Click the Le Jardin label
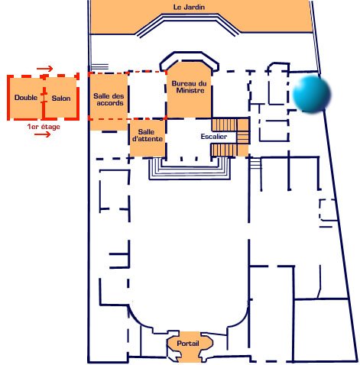[189, 7]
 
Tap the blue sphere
[311, 94]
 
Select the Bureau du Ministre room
[189, 90]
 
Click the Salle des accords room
[109, 102]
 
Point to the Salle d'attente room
[148, 138]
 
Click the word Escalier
[214, 137]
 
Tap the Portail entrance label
[188, 344]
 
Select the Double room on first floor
[26, 98]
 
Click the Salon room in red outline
[61, 99]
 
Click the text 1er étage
[44, 127]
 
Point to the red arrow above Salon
[44, 69]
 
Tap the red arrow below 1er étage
[43, 134]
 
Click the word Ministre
[190, 90]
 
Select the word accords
[110, 103]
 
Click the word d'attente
[148, 139]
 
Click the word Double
[26, 98]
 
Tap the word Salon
[61, 99]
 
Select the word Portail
[188, 344]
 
